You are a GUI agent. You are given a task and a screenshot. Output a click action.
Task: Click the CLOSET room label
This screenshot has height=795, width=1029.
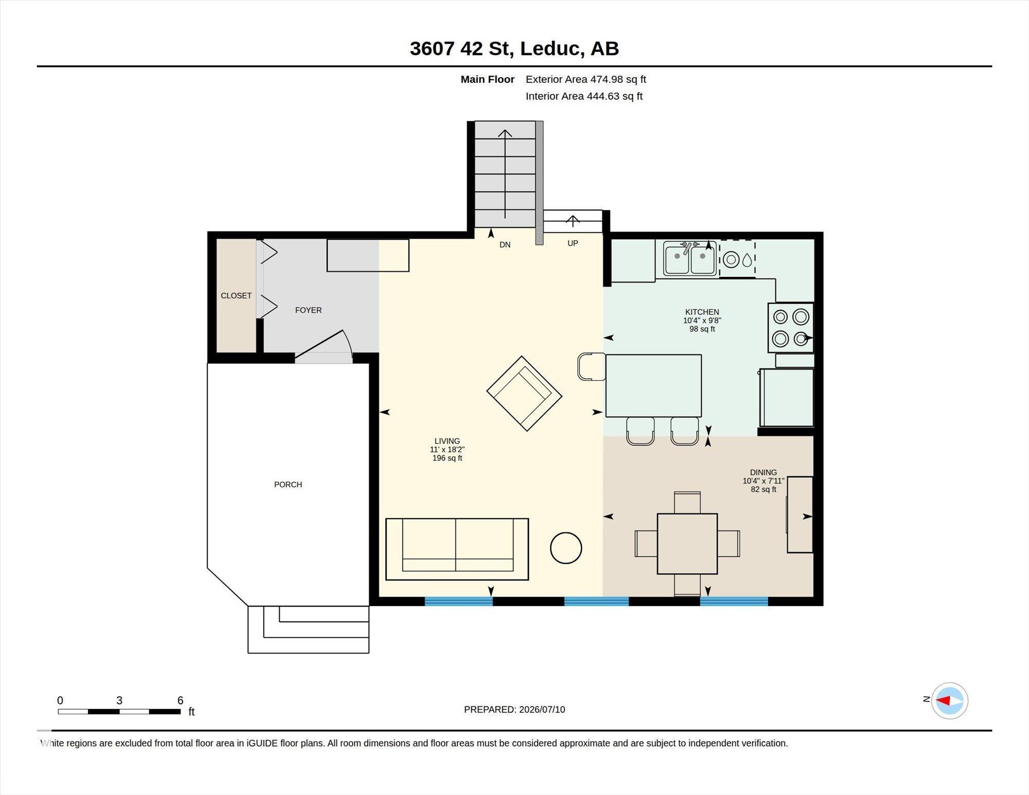click(236, 295)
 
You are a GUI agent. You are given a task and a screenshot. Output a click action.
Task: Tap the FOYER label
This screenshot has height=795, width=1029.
click(308, 310)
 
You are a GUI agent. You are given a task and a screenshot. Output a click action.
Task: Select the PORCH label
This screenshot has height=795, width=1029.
click(288, 484)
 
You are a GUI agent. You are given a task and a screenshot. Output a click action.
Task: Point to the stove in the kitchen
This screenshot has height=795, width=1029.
click(791, 328)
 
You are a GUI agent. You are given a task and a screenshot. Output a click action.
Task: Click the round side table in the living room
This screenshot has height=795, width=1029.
click(566, 548)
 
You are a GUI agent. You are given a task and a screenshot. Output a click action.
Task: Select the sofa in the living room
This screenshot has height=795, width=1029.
click(457, 549)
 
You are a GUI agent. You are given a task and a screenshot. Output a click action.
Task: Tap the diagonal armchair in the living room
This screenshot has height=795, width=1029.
click(524, 394)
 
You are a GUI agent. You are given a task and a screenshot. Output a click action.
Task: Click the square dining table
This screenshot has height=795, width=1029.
click(687, 543)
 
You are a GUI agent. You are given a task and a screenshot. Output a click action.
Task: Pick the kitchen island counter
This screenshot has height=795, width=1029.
click(653, 385)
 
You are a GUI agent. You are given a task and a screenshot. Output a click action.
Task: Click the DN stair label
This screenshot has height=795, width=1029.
click(505, 245)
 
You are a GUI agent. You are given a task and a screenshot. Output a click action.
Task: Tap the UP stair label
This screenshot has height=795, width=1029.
click(573, 243)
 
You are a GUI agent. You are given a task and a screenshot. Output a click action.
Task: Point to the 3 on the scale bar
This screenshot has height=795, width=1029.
click(119, 700)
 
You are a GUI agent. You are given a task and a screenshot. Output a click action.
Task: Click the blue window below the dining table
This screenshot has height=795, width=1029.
click(734, 601)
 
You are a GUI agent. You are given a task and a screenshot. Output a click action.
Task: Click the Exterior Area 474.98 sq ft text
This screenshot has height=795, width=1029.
click(586, 79)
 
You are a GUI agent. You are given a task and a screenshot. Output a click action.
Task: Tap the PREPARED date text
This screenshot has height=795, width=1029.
click(514, 709)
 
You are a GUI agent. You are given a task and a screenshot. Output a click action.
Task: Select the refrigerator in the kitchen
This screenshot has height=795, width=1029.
click(787, 397)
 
